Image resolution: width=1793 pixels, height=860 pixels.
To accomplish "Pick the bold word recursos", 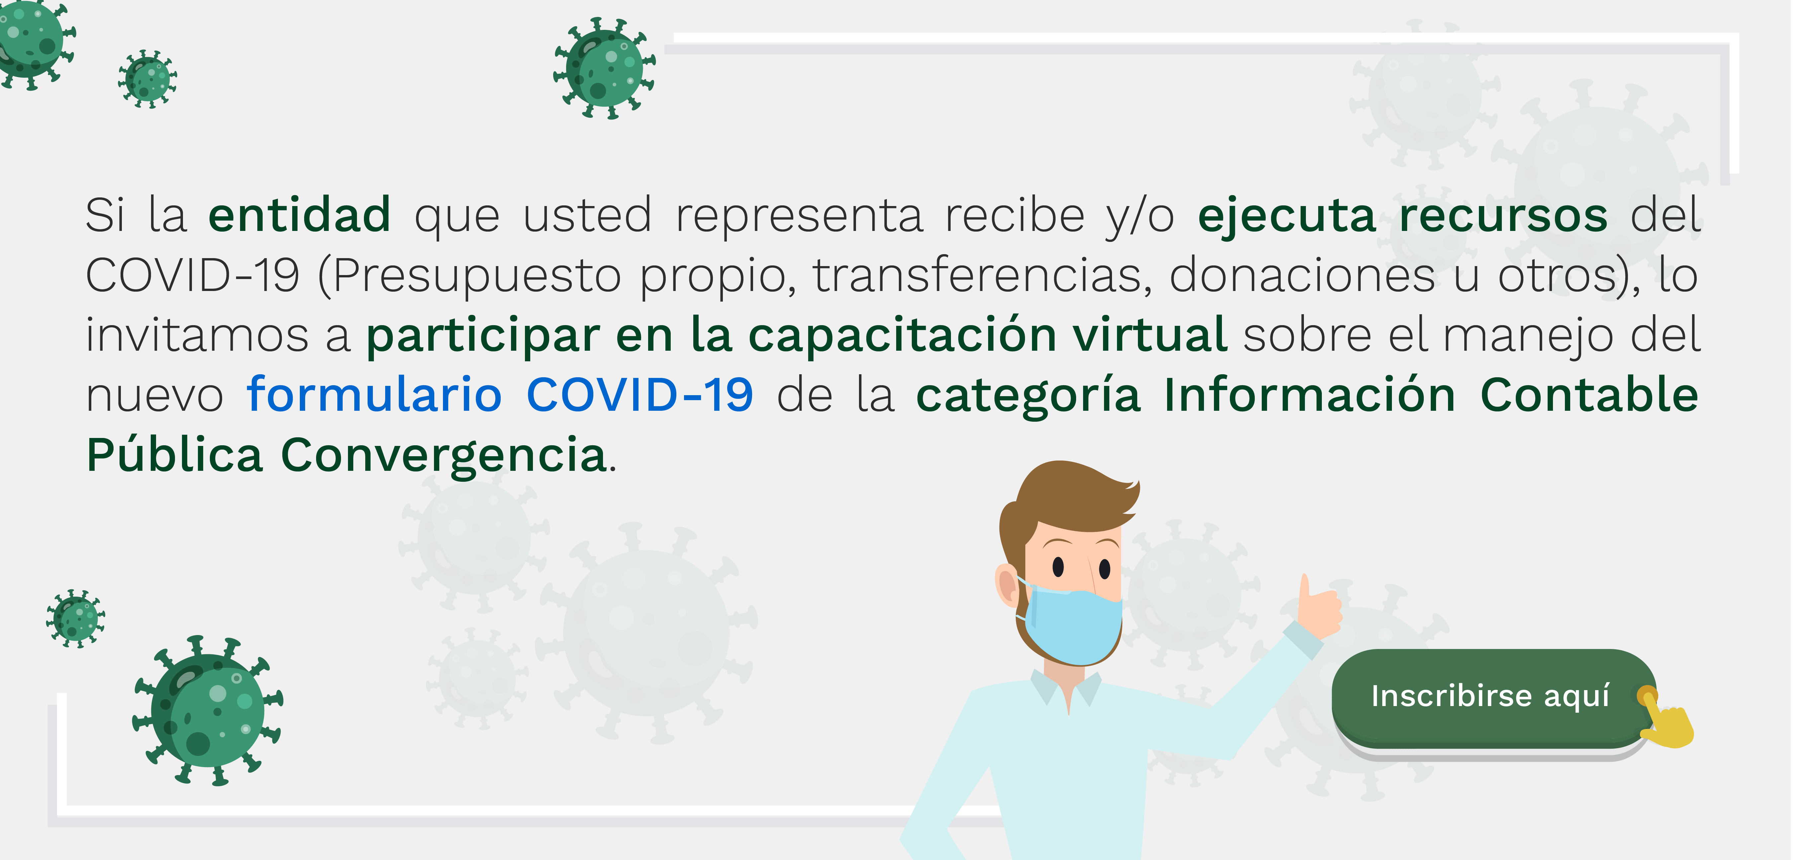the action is click(1503, 216).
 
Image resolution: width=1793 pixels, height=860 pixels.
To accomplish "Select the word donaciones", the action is click(1302, 275).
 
